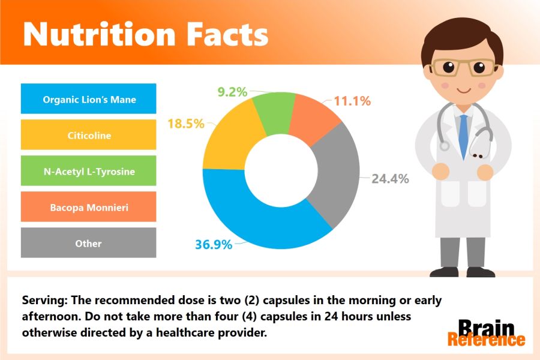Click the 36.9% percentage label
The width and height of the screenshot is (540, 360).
click(214, 245)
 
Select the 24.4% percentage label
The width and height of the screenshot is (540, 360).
click(390, 179)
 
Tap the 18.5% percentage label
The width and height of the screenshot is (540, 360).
click(186, 124)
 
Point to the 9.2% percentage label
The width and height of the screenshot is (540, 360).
click(232, 92)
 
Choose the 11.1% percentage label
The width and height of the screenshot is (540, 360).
click(352, 101)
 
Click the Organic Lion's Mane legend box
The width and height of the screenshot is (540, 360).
click(89, 98)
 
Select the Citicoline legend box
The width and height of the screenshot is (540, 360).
click(89, 134)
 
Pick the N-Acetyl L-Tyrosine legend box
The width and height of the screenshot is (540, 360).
click(89, 170)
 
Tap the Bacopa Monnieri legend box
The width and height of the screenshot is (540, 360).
click(89, 206)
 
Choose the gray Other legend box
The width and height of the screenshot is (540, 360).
click(89, 242)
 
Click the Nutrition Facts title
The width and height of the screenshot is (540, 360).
click(146, 34)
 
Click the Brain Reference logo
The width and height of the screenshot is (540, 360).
click(486, 333)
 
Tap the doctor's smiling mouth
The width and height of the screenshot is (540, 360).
click(464, 91)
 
